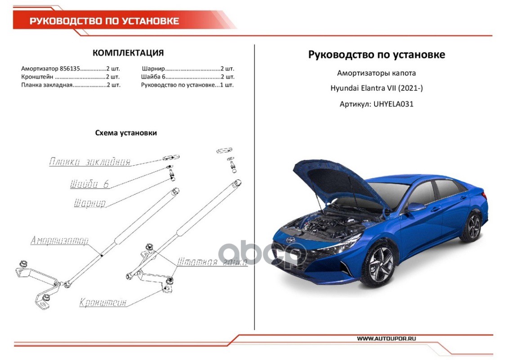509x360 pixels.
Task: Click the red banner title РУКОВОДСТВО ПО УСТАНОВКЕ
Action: coord(104,21)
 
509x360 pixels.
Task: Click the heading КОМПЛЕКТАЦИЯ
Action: coord(128,53)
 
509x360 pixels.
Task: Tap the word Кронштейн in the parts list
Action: coord(34,77)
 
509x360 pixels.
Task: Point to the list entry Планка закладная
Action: coord(46,85)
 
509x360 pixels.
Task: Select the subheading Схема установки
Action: coord(126,133)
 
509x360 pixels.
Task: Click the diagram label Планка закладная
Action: coord(90,162)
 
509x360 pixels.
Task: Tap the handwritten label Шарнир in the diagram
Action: coord(89,203)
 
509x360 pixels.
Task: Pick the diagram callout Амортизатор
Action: coord(59,241)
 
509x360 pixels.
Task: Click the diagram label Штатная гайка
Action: coord(212,262)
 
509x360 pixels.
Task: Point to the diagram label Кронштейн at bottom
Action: coord(103,302)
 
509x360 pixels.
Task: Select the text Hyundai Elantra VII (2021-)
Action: coord(376,88)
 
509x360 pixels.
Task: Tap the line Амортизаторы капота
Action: coord(376,73)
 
